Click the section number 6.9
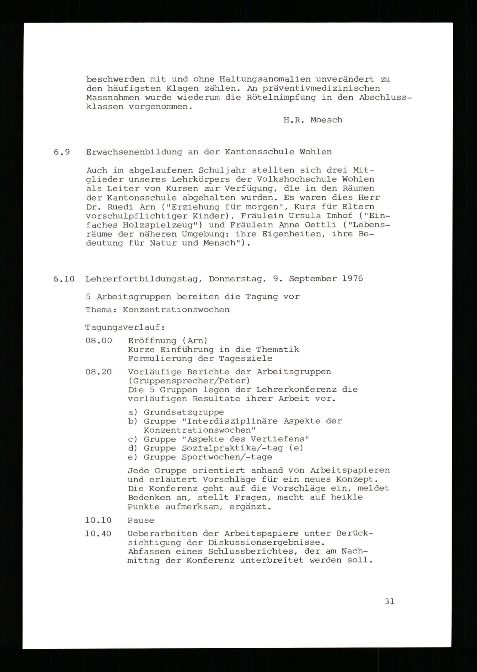[x=62, y=152]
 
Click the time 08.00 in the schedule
[x=99, y=341]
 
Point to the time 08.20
[x=99, y=372]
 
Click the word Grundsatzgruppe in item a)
[x=184, y=413]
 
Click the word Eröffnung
[x=152, y=341]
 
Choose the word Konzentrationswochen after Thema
[x=176, y=310]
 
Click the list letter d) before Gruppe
[x=133, y=448]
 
